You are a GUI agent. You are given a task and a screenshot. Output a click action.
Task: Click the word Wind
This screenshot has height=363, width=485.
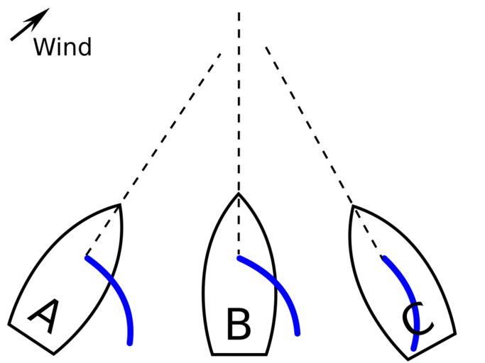[62, 48]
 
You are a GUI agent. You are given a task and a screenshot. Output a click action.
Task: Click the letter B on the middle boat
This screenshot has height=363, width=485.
[239, 324]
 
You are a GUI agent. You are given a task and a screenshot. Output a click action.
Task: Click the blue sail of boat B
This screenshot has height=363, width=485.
[277, 286]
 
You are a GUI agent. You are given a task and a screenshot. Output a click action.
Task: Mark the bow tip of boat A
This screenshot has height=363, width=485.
[120, 205]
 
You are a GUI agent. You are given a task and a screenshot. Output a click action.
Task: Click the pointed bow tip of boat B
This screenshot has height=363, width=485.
[239, 194]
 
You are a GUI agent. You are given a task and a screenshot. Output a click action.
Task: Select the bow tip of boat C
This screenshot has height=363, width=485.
[352, 206]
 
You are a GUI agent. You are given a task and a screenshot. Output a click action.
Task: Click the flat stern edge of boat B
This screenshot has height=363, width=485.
[239, 354]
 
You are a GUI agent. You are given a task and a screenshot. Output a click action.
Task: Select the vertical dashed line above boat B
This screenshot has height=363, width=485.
[239, 99]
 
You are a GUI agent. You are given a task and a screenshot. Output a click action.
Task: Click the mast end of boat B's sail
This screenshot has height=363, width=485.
[239, 258]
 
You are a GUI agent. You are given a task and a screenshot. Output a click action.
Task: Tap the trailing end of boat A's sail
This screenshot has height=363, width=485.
[130, 342]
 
